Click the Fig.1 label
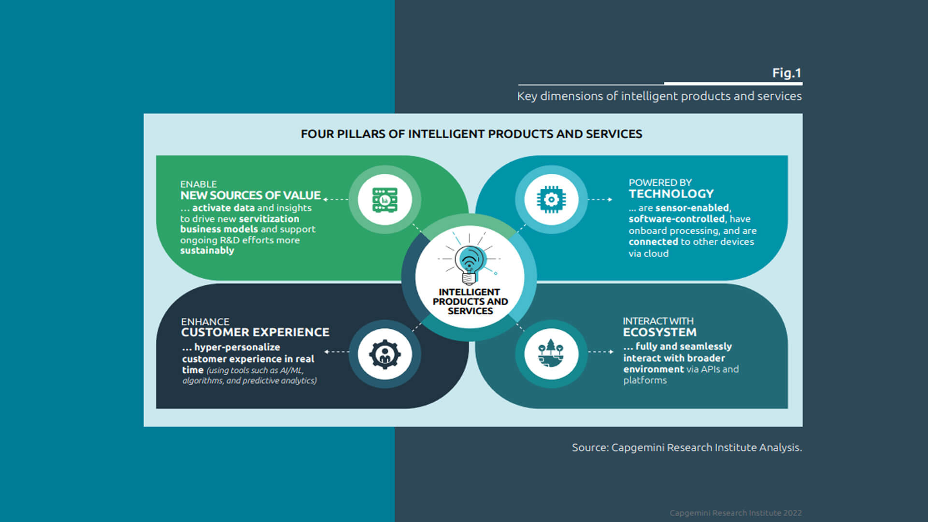(x=786, y=73)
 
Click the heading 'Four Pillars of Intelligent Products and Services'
(x=471, y=134)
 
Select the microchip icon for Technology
(x=551, y=199)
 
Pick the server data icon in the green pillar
(x=385, y=199)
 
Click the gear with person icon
(x=385, y=354)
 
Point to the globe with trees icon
(x=551, y=353)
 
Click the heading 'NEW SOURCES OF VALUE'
(x=250, y=195)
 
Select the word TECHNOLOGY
(x=671, y=194)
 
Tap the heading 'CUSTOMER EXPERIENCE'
(x=255, y=332)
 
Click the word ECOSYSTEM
(x=659, y=332)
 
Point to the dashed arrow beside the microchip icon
(x=600, y=199)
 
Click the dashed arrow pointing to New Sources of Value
(x=336, y=199)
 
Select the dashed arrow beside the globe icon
(x=601, y=352)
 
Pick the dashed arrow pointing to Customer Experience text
(x=337, y=352)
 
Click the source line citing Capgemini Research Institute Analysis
(x=686, y=448)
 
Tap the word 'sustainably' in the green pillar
(x=207, y=251)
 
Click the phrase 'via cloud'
(x=648, y=254)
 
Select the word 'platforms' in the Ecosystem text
(x=645, y=381)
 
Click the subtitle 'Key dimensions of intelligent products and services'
(x=659, y=96)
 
